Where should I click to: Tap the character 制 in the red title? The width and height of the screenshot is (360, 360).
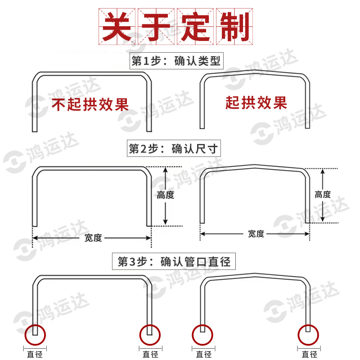(234, 27)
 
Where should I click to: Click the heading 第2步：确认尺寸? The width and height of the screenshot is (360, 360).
(175, 148)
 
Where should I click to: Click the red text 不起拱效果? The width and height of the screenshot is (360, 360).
(90, 104)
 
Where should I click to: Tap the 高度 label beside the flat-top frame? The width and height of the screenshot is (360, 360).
(166, 195)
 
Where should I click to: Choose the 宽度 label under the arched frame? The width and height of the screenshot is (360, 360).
(256, 234)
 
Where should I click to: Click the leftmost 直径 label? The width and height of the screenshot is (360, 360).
(35, 354)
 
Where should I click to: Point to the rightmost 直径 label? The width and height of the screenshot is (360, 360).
(308, 354)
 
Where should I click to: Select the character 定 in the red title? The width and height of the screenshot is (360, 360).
(196, 27)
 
